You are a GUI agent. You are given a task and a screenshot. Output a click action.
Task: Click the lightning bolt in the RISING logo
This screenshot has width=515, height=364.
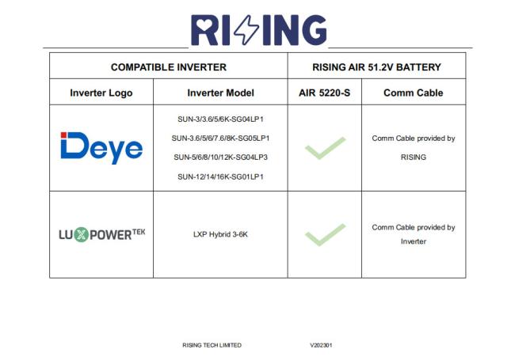[248, 30]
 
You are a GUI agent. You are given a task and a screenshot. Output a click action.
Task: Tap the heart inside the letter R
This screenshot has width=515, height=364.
[200, 25]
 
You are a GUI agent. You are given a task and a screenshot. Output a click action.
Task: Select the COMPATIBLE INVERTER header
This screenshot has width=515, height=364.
[169, 67]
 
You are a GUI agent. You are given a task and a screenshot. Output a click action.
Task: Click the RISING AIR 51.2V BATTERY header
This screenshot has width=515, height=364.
[376, 67]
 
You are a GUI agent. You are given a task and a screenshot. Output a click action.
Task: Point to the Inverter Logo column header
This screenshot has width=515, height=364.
[101, 93]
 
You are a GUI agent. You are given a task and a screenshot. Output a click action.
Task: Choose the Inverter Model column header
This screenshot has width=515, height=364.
[220, 93]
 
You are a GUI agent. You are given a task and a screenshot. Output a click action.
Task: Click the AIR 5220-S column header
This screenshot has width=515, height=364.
[324, 93]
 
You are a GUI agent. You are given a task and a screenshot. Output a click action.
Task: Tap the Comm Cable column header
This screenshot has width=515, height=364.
[413, 93]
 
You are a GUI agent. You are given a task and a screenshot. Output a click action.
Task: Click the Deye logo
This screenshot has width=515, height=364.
[101, 148]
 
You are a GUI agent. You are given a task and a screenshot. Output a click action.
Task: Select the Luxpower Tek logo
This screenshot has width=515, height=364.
[102, 234]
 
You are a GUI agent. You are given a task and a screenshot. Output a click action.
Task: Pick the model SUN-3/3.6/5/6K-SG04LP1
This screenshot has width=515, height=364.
[220, 119]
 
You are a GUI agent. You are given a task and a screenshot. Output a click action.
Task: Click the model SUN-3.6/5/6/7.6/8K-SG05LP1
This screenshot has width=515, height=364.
[220, 138]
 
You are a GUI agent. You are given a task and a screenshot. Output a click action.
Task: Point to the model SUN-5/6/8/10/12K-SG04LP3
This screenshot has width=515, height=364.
[220, 157]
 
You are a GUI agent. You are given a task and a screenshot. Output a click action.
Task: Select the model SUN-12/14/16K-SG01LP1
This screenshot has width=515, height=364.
[220, 176]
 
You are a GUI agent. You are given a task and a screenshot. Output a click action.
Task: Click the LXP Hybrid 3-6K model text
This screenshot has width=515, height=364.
[220, 234]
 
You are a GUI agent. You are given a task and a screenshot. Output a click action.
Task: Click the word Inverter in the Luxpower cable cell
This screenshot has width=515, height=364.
[413, 241]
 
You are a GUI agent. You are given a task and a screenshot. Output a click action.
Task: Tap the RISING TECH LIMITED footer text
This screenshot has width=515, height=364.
[212, 345]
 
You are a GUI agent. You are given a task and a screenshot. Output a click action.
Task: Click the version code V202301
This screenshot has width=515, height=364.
[321, 345]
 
